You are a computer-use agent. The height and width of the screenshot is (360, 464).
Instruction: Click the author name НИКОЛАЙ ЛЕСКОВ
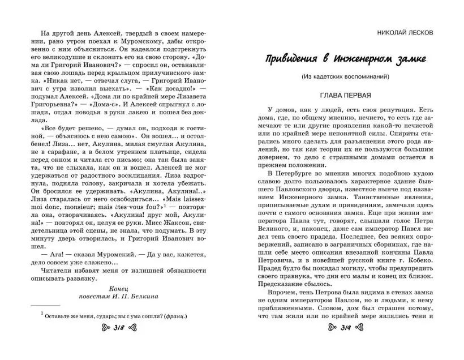405,32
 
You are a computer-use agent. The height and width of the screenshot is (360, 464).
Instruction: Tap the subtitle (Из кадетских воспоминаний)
346,76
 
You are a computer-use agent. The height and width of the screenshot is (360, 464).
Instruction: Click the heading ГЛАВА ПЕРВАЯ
346,94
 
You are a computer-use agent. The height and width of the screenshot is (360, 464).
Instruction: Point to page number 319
346,328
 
